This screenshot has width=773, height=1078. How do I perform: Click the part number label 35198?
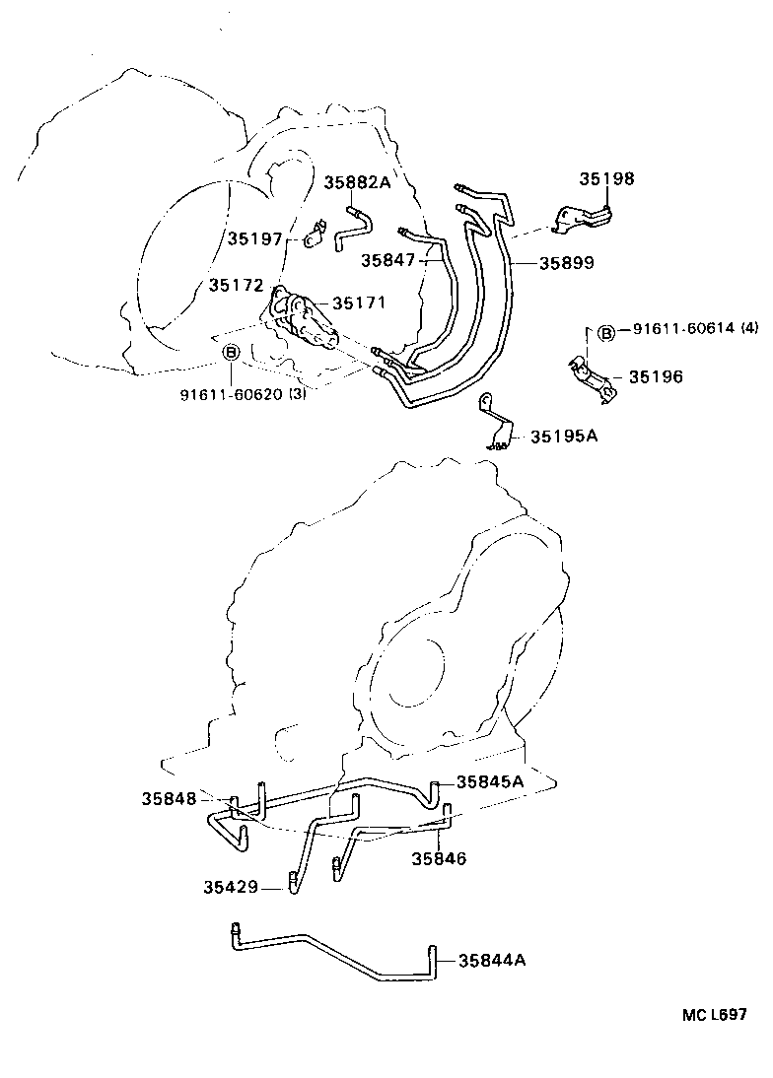[x=606, y=179]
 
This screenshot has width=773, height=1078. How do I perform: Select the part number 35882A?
[x=358, y=182]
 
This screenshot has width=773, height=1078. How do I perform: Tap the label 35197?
[x=255, y=238]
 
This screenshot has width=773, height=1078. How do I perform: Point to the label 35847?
[x=387, y=260]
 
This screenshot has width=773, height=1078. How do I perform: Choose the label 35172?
[x=236, y=286]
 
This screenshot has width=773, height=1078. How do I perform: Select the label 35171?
[x=360, y=303]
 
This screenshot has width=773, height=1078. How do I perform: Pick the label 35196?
[x=656, y=376]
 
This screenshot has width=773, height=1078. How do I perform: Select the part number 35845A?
[x=489, y=781]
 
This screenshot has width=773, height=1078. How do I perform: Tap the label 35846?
[x=439, y=858]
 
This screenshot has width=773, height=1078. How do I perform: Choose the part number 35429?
[x=231, y=887]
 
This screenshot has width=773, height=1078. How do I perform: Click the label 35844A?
[x=491, y=959]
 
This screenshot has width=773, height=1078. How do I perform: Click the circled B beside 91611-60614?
[x=606, y=333]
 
